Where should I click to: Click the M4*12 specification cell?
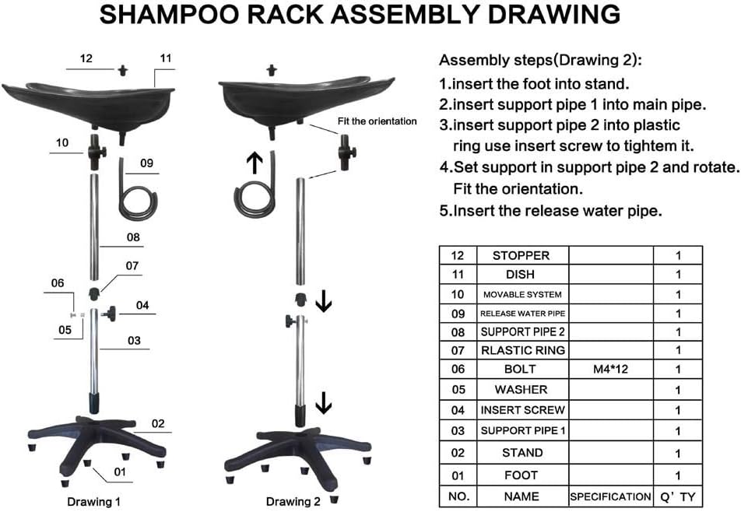tap(610, 369)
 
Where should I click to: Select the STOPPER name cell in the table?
tap(522, 255)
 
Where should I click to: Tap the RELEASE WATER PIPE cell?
tap(523, 313)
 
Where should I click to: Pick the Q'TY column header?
tap(678, 497)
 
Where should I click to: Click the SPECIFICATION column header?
tap(610, 497)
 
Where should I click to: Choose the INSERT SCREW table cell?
tap(523, 410)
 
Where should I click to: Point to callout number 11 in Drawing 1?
tap(165, 58)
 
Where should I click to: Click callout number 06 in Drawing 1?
tap(57, 283)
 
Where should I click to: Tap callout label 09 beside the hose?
tap(146, 163)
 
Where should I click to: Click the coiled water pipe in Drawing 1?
tap(136, 189)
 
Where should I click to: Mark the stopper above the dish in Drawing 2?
tap(271, 70)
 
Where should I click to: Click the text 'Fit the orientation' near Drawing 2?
tap(377, 121)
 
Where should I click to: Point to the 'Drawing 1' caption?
tap(93, 502)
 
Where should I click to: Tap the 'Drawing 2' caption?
tap(293, 502)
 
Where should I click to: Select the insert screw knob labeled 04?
tap(111, 314)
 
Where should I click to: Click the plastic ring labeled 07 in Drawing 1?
tap(94, 293)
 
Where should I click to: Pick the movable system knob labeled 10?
tap(97, 152)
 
